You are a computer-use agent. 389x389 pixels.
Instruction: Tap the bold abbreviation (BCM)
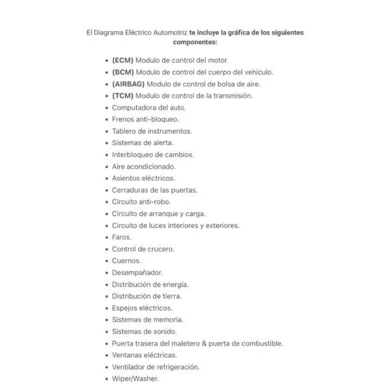(x=123, y=72)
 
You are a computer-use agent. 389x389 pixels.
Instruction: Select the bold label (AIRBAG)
(x=128, y=84)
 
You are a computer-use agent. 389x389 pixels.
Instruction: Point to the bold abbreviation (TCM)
(x=123, y=95)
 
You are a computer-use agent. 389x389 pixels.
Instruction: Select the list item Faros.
(x=121, y=237)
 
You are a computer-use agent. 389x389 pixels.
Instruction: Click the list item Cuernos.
(x=126, y=261)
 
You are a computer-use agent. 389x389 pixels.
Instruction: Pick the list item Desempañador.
(x=137, y=272)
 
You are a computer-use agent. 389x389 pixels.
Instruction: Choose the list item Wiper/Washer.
(x=135, y=379)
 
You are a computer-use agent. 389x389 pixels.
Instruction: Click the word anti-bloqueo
(x=158, y=119)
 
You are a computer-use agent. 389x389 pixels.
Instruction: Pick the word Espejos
(x=126, y=308)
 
